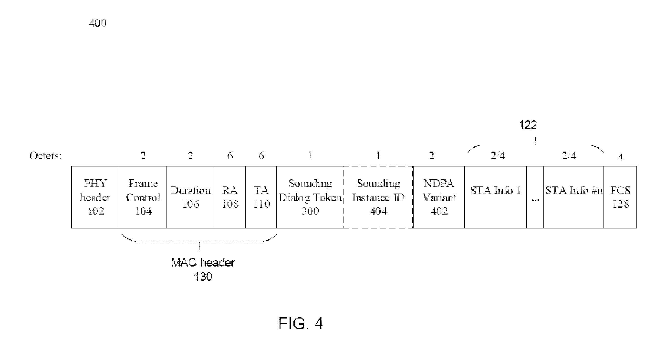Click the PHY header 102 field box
point(95,197)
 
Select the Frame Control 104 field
point(143,197)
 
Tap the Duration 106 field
point(190,197)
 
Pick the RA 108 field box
point(229,197)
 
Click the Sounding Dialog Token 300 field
point(310,197)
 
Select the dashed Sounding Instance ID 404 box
point(378,197)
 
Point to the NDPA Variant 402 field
point(439,197)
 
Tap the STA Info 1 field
point(495,197)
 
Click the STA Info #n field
point(573,197)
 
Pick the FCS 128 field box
point(620,197)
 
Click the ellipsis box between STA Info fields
point(535,197)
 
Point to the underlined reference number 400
point(97,23)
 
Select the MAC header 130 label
point(203,269)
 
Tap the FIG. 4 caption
point(301,323)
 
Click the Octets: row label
point(45,155)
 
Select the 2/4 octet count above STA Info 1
point(498,155)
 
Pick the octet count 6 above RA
point(230,155)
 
